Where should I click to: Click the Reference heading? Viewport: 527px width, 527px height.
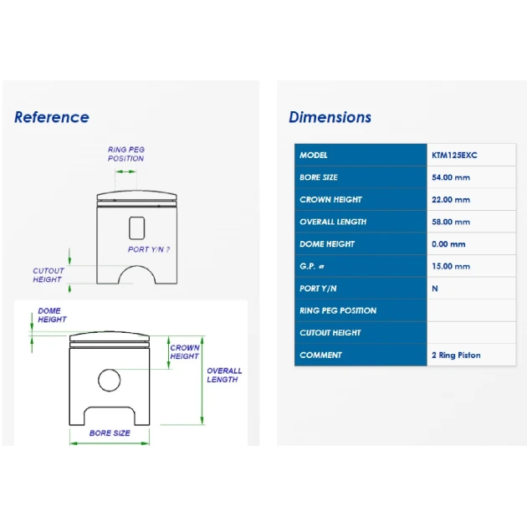click(x=52, y=117)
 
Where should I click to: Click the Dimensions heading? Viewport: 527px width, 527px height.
click(x=330, y=117)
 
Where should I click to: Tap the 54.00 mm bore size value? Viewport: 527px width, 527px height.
click(x=451, y=177)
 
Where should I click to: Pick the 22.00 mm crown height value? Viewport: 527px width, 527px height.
click(x=451, y=200)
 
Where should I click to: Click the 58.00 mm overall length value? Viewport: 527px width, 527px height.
click(x=451, y=222)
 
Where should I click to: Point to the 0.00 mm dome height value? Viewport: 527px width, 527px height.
click(x=448, y=244)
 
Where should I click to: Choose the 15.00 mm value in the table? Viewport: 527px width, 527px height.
click(x=451, y=266)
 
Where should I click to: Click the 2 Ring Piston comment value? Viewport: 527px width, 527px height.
click(x=456, y=356)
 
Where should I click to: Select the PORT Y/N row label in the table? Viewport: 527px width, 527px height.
click(x=318, y=289)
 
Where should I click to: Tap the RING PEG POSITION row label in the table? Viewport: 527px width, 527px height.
click(x=338, y=310)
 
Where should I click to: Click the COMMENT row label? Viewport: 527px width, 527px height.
click(x=320, y=356)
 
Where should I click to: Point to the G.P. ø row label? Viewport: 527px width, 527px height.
click(x=311, y=266)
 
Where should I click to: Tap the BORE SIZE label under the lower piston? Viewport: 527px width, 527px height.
click(x=110, y=433)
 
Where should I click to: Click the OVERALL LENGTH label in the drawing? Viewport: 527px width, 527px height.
click(x=224, y=375)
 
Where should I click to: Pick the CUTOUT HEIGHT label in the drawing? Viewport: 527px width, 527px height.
click(x=49, y=275)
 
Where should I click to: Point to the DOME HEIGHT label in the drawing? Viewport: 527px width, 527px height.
click(x=52, y=315)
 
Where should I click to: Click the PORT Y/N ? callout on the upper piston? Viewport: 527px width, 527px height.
click(x=149, y=249)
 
